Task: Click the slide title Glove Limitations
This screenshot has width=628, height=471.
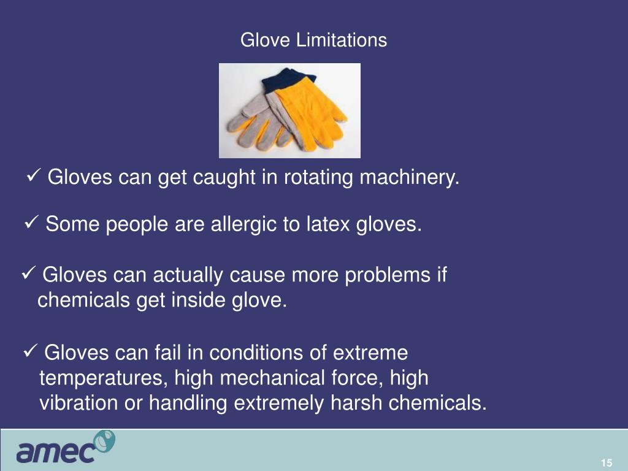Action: (313, 40)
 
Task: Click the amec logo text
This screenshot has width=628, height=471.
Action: (56, 453)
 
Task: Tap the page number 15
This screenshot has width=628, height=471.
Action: (607, 463)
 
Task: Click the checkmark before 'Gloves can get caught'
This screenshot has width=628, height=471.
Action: (35, 177)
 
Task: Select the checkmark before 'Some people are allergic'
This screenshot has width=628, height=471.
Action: (32, 223)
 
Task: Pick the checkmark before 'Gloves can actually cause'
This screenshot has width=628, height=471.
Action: (29, 274)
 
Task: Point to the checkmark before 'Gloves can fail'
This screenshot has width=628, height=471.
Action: (31, 352)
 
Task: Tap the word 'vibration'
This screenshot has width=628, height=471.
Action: (78, 404)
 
